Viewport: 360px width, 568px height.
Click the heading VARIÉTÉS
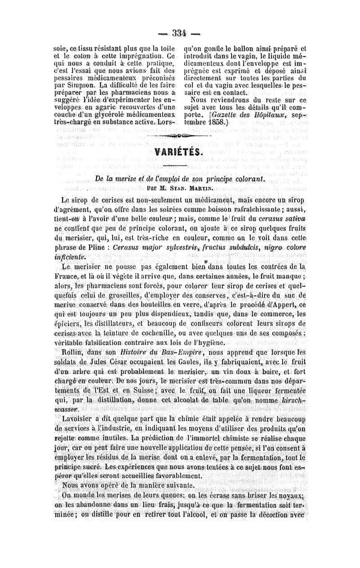[x=180, y=154]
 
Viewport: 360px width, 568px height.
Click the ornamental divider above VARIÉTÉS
[x=180, y=135]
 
